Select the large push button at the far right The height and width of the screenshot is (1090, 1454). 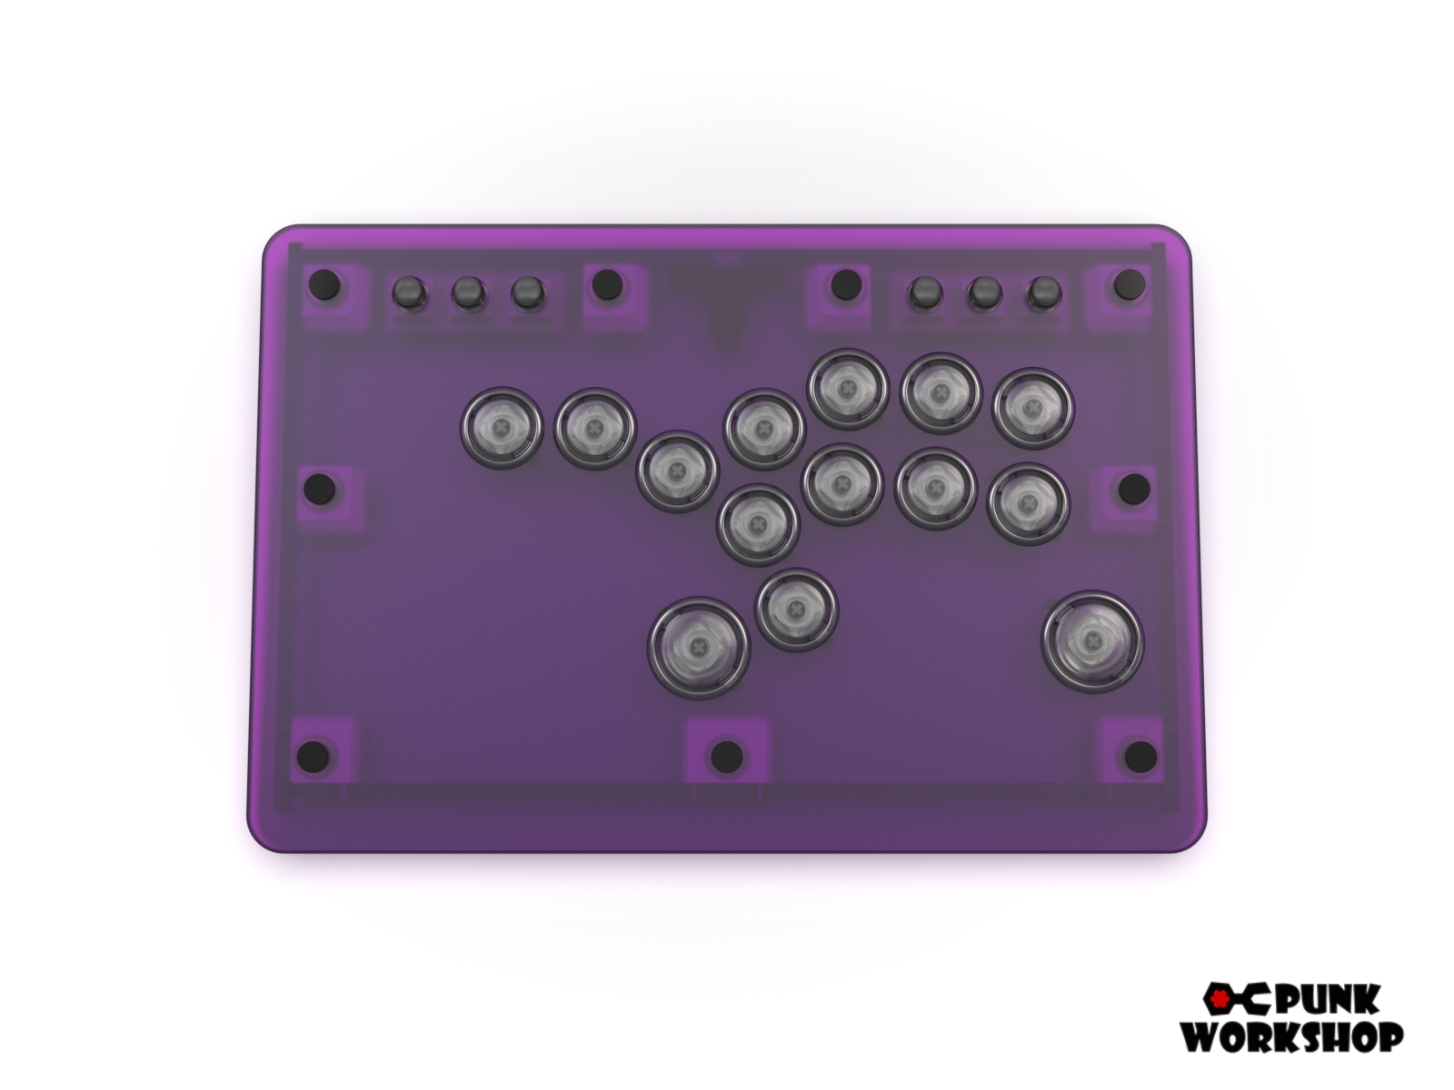1092,641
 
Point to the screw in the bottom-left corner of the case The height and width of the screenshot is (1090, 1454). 314,754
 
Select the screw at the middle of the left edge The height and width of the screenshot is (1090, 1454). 317,490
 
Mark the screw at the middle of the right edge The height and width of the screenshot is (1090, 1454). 1133,489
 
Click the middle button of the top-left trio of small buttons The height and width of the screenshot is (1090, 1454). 466,292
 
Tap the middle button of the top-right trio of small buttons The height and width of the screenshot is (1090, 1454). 984,292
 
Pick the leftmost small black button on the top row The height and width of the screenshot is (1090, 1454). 407,292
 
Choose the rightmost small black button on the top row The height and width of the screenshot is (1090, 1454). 1044,292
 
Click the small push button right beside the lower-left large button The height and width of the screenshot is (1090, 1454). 797,609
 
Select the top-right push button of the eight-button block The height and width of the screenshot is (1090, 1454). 1032,409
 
